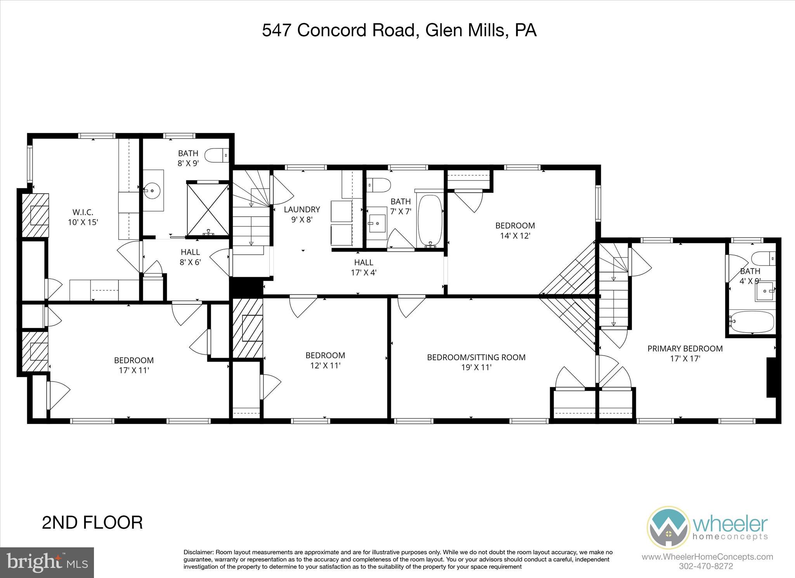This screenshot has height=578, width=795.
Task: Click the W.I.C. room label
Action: pyautogui.click(x=83, y=213)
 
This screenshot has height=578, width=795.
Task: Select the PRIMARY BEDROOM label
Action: pyautogui.click(x=685, y=349)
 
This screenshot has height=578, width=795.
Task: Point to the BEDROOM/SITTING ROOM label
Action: pyautogui.click(x=476, y=357)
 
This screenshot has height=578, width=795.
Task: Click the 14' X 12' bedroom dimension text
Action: pyautogui.click(x=515, y=235)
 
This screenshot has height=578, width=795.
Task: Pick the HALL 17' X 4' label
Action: pyautogui.click(x=363, y=267)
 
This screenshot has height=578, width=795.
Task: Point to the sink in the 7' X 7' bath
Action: pyautogui.click(x=377, y=224)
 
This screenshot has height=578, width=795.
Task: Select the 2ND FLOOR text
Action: pyautogui.click(x=92, y=522)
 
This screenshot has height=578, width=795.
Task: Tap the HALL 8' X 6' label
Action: pyautogui.click(x=190, y=257)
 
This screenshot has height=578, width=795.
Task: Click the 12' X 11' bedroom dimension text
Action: pyautogui.click(x=325, y=365)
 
